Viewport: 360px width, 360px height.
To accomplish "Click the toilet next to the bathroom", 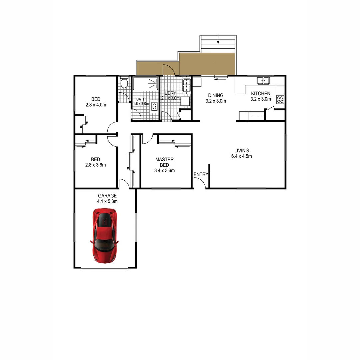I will tap(124, 83).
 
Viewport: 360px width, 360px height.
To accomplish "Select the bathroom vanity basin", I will tap(155, 107).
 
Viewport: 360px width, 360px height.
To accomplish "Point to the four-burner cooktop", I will tap(280, 99).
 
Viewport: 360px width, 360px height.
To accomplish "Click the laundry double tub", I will tap(186, 85).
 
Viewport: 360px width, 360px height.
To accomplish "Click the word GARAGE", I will tap(107, 196).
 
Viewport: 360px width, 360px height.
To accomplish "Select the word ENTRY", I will tap(201, 174).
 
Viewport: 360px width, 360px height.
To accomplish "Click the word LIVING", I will tap(241, 151).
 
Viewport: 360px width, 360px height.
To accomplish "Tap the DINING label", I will tap(216, 95).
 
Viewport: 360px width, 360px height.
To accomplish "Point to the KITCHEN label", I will tap(261, 94).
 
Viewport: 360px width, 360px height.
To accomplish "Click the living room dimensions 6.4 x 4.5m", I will tap(241, 156).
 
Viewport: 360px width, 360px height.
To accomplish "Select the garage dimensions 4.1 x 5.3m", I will tap(107, 201).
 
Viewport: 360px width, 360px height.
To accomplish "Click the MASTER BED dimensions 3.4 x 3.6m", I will tap(164, 171).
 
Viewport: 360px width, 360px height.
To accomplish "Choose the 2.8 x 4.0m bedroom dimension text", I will tap(96, 105).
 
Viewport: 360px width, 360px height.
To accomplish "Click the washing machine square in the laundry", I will tap(185, 101).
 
